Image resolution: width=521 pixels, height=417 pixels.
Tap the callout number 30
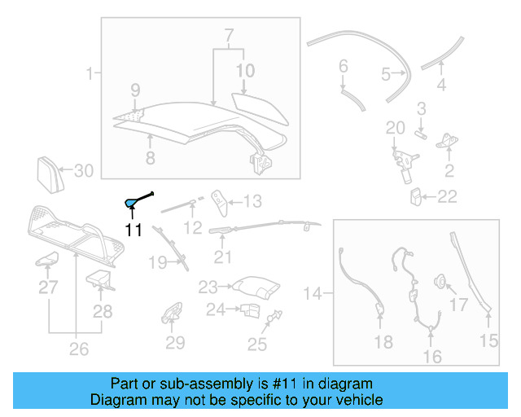tap(85, 171)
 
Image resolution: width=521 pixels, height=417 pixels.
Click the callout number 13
tap(252, 201)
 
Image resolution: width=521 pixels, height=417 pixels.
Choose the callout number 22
tap(447, 196)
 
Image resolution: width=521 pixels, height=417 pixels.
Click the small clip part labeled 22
tap(416, 196)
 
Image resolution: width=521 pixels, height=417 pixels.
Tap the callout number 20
tap(395, 128)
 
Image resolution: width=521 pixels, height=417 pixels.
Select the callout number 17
tap(460, 305)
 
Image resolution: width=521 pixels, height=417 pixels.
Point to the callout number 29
tap(175, 343)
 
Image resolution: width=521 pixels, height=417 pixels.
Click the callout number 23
tap(208, 287)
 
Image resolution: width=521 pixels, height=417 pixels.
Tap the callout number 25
tap(257, 345)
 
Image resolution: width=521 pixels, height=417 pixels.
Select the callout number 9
tap(135, 89)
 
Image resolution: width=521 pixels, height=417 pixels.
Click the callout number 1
tap(89, 75)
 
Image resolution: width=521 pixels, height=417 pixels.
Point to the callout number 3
tap(422, 108)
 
